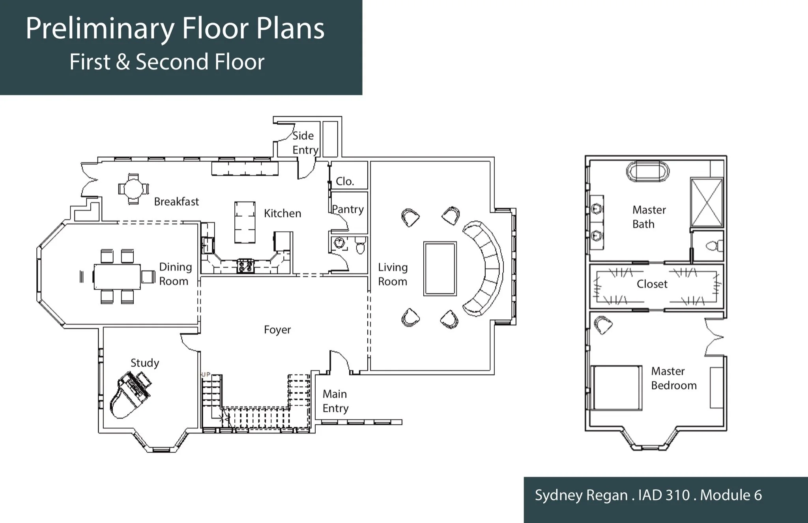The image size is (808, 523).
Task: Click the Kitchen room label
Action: coord(282,214)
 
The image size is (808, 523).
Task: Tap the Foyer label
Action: coord(277,330)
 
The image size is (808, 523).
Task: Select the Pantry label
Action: coord(348,209)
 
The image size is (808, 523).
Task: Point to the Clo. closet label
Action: coord(345,182)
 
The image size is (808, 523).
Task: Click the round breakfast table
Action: coord(134,189)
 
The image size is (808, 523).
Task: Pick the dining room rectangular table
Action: coord(117,277)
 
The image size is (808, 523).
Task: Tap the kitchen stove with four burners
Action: coord(245,266)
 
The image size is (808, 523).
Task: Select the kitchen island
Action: coord(245,222)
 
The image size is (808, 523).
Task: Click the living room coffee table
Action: coord(440,268)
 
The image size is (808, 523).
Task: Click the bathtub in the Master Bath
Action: coord(648,172)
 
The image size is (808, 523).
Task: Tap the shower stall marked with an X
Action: coord(707,202)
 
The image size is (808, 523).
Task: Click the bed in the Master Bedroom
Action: coord(616,388)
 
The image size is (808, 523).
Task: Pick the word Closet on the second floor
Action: coord(652,284)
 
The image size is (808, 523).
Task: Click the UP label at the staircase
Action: coord(206,374)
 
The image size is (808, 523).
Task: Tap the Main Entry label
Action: coord(335,401)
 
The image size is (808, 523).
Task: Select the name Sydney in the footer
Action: coord(556,496)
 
